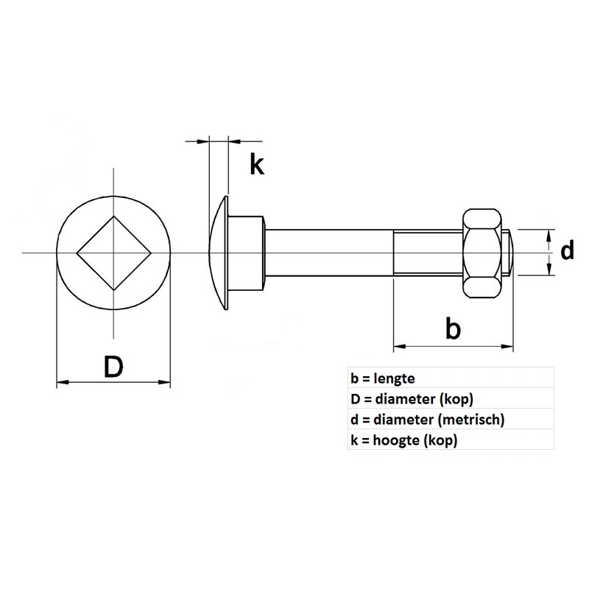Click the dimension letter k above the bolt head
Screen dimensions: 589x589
click(x=255, y=165)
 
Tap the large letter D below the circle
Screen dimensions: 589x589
click(x=113, y=366)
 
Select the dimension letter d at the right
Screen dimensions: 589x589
click(x=567, y=253)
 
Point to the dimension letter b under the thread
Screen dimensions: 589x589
click(x=454, y=328)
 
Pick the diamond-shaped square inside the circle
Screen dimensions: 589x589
click(x=114, y=253)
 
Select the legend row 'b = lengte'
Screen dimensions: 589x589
click(x=384, y=378)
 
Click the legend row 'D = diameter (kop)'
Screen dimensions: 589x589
click(x=412, y=399)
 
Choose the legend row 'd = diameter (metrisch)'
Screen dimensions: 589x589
click(x=428, y=420)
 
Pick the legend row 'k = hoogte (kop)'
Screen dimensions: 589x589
click(x=404, y=440)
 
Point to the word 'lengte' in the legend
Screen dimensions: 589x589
click(x=395, y=378)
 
